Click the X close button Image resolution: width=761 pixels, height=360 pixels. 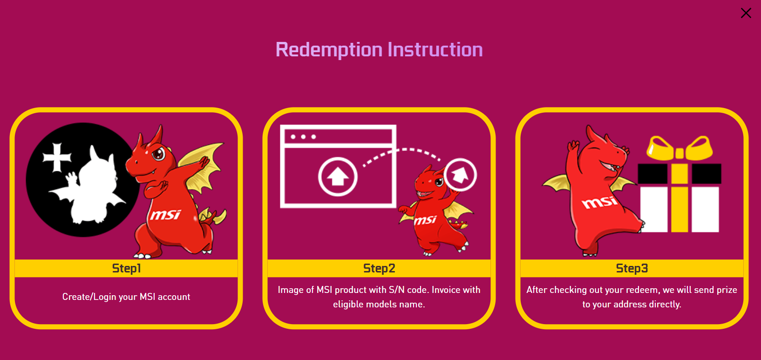click(746, 13)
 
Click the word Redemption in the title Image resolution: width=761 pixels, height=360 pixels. click(329, 50)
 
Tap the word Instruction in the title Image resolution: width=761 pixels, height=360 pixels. click(435, 50)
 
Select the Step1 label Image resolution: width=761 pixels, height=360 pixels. click(126, 268)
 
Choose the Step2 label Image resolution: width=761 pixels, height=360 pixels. click(379, 268)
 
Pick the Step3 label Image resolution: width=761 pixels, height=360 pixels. click(632, 268)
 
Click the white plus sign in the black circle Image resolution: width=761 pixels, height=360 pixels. click(57, 157)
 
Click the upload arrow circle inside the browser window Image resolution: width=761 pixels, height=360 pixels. click(338, 177)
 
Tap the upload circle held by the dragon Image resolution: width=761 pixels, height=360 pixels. click(460, 175)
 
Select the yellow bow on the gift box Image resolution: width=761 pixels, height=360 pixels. click(679, 149)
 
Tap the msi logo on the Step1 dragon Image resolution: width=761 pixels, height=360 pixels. click(165, 215)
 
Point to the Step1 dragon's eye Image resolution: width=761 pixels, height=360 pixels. click(158, 153)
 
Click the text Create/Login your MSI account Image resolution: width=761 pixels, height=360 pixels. click(126, 297)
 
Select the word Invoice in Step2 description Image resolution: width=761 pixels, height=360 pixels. click(448, 290)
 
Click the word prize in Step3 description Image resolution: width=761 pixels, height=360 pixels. click(727, 290)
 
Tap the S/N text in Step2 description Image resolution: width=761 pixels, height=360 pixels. click(397, 290)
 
